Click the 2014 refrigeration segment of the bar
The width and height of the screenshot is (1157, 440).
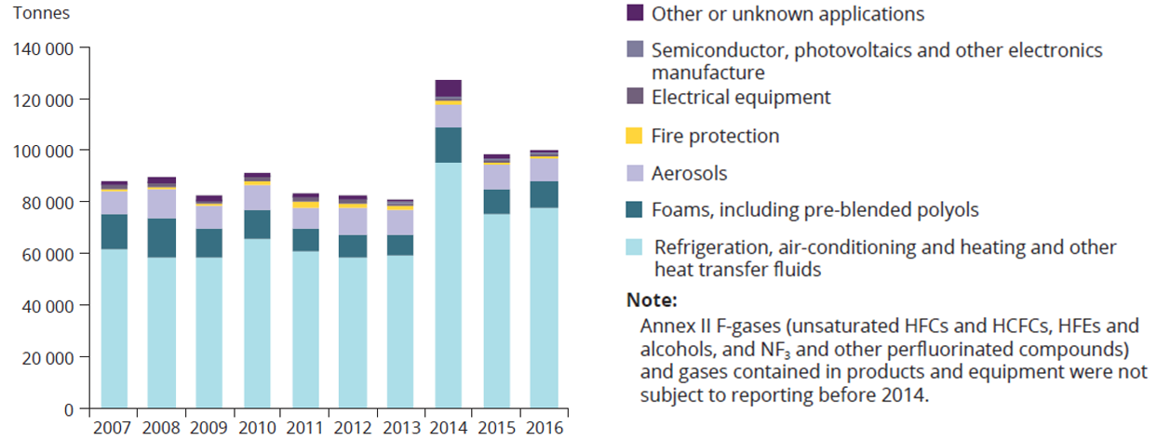tap(447, 285)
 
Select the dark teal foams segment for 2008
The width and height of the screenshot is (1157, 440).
tap(161, 237)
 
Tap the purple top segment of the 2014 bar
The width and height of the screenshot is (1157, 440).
tap(447, 88)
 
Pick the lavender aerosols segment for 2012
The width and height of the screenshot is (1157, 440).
tap(352, 220)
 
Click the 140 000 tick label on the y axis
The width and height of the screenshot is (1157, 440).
tap(43, 47)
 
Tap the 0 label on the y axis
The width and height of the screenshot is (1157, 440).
tap(70, 409)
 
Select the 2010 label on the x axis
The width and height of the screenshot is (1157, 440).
tap(257, 429)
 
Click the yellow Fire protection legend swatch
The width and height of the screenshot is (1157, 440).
tap(635, 136)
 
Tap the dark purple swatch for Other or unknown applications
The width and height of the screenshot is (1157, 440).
tap(635, 14)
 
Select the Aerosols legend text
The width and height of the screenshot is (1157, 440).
tap(690, 173)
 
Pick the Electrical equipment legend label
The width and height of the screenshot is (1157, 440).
tap(741, 97)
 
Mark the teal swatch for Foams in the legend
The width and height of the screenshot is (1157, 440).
tap(635, 210)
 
